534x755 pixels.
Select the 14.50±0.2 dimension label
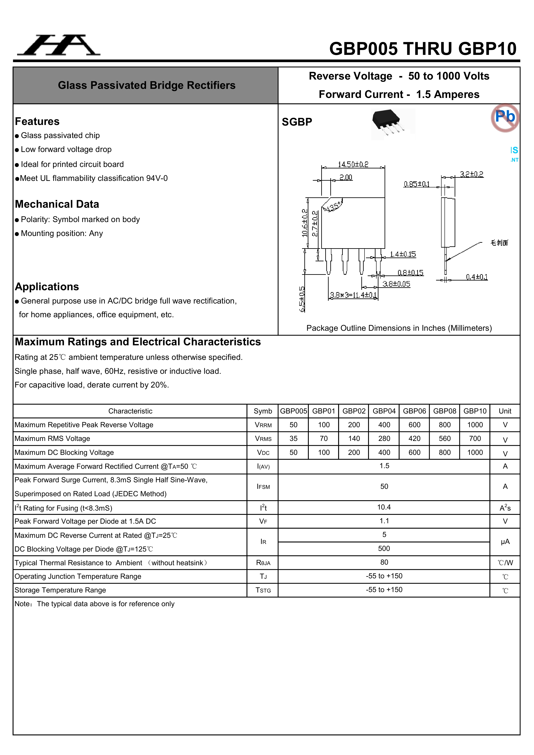point(353,164)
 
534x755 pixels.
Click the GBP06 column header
point(414,411)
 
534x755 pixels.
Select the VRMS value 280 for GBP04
point(384,439)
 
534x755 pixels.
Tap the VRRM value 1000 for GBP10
point(475,425)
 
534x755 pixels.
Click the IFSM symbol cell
point(263,487)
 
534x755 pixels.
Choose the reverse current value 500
point(384,549)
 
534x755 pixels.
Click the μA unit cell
point(505,542)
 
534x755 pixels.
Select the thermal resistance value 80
point(384,562)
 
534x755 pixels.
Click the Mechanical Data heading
point(57,204)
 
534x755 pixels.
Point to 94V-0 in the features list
point(157,178)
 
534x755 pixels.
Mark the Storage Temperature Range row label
point(60,590)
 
